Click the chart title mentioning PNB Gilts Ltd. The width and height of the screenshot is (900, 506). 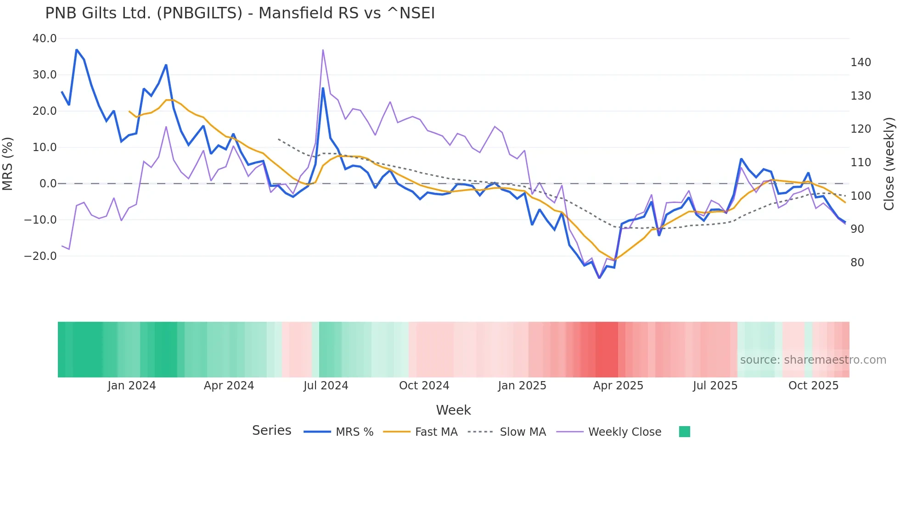click(240, 13)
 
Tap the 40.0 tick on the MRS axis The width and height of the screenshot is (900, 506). click(45, 39)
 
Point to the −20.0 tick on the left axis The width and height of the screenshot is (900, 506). click(40, 256)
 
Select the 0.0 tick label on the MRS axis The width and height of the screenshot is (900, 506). click(48, 184)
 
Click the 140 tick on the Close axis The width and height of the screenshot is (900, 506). click(861, 62)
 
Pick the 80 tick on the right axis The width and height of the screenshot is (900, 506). click(857, 263)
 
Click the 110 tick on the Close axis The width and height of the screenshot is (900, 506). click(861, 163)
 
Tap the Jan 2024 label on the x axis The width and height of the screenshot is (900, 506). click(132, 386)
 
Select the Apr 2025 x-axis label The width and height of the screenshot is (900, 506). click(618, 386)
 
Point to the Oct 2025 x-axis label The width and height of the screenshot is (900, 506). click(813, 386)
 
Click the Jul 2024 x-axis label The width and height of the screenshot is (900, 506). click(326, 386)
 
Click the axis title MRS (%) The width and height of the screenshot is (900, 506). click(8, 164)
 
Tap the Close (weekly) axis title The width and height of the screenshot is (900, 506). click(889, 164)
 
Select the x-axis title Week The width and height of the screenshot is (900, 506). click(453, 410)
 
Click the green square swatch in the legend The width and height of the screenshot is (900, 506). click(684, 432)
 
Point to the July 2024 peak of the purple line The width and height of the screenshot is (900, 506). click(323, 50)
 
